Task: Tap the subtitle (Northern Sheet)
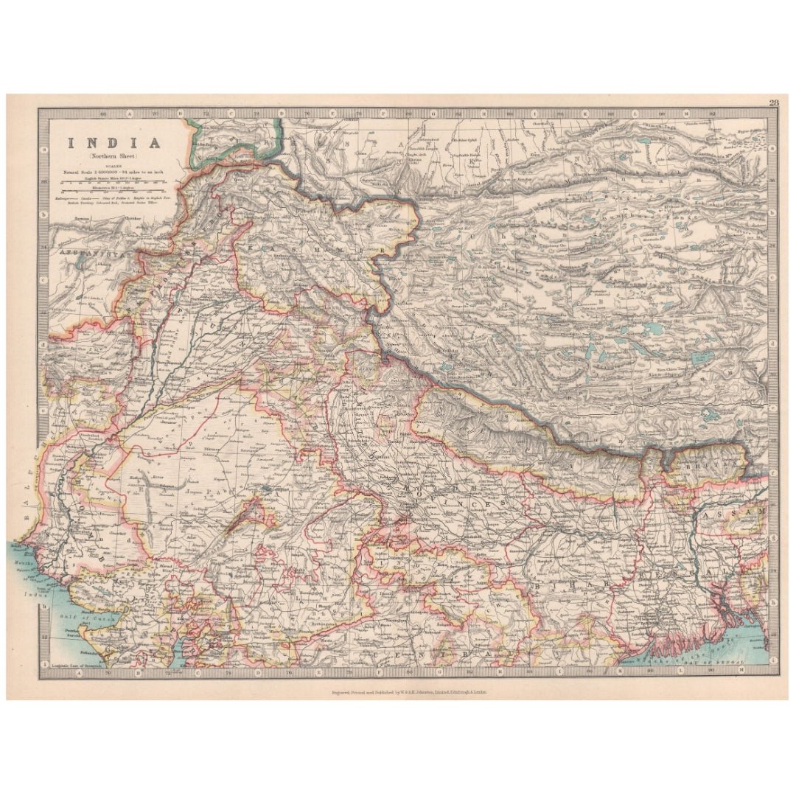coord(114,157)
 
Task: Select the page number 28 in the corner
coord(773,103)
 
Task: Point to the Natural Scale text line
coord(114,172)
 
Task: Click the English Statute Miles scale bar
coord(114,182)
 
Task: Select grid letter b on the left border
coord(45,214)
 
